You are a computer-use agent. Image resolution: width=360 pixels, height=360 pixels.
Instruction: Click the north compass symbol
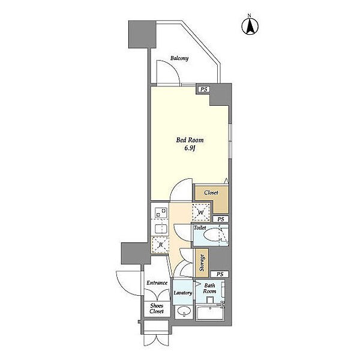[x=250, y=25]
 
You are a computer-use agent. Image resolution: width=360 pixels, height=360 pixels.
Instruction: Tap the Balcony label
[x=179, y=58]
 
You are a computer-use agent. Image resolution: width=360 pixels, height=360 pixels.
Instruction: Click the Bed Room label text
[x=190, y=140]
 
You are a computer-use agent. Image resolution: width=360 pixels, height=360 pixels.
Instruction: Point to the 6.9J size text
[x=190, y=148]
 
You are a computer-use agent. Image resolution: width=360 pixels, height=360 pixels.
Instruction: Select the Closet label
[x=211, y=193]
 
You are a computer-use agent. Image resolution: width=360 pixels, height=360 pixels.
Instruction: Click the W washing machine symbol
[x=201, y=212]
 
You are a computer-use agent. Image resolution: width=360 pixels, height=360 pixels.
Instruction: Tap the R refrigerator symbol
[x=160, y=245]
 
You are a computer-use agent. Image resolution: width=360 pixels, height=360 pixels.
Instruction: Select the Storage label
[x=202, y=263]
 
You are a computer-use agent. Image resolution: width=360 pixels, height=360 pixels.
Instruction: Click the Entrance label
[x=157, y=283]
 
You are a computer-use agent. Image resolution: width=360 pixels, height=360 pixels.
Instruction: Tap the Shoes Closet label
[x=157, y=308]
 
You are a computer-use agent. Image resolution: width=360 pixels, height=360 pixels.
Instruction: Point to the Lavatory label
[x=183, y=293]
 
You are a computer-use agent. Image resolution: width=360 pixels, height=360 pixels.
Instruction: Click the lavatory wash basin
[x=184, y=311]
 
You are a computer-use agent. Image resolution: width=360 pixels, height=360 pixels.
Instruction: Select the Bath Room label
[x=209, y=289]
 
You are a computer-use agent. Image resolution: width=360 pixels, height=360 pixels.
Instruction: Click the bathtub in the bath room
[x=211, y=313]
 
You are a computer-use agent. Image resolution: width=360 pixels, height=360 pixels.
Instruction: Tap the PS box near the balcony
[x=204, y=89]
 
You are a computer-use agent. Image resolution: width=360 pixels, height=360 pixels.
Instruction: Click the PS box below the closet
[x=221, y=219]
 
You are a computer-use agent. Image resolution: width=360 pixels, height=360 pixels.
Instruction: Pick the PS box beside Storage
[x=220, y=274]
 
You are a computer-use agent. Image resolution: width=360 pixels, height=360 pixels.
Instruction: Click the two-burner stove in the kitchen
[x=161, y=212]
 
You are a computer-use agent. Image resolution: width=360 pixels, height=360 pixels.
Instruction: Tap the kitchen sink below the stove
[x=161, y=229]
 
